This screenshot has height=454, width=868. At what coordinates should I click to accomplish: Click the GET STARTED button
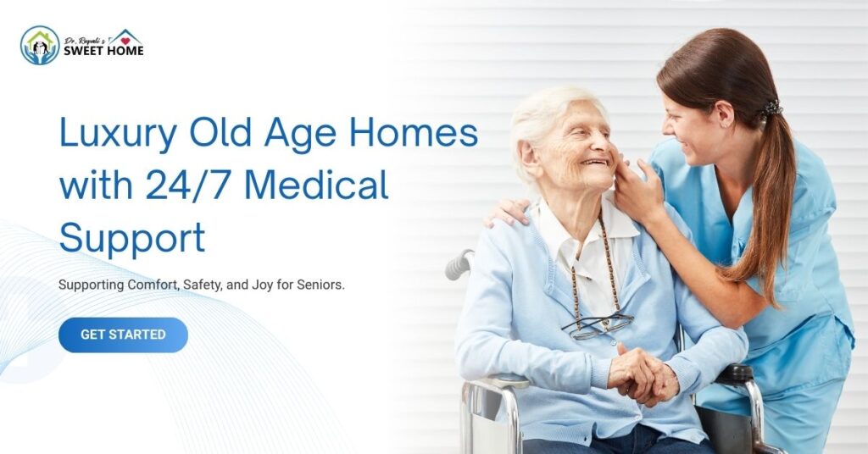[x=123, y=335]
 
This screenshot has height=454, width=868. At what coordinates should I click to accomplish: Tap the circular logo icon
[x=40, y=45]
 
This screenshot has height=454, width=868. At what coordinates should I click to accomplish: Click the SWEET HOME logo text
[x=103, y=51]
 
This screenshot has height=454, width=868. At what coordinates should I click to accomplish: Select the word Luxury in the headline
[x=118, y=135]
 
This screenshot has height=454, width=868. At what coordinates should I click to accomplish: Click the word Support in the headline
[x=131, y=237]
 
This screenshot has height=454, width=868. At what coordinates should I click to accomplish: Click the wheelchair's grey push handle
[x=458, y=264]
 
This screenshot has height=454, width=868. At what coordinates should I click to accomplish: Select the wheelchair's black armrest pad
[x=736, y=373]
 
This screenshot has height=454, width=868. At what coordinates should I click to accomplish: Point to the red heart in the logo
[x=125, y=38]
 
